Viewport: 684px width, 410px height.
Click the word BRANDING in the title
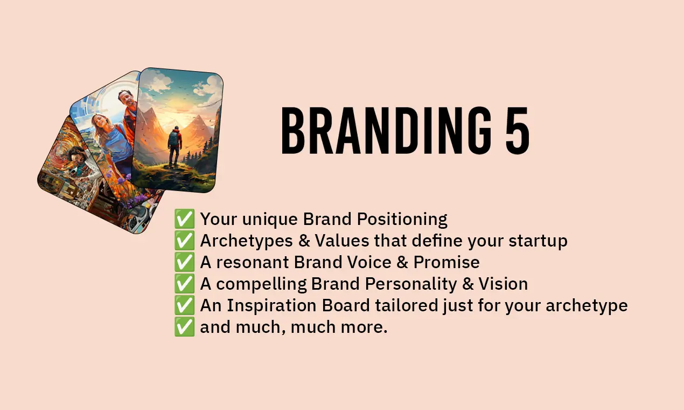click(x=387, y=131)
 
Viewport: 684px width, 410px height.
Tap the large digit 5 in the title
click(x=517, y=131)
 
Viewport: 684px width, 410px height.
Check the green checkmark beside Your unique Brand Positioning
click(x=184, y=219)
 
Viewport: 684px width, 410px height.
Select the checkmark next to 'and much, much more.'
click(x=184, y=327)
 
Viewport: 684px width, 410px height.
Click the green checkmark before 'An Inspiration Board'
click(x=184, y=305)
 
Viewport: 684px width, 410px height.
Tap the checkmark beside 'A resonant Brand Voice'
click(x=184, y=262)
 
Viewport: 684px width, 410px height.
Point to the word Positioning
click(x=402, y=220)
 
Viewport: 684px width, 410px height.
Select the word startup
click(x=538, y=241)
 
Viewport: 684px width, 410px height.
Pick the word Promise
click(x=446, y=262)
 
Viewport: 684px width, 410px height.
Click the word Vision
click(x=503, y=284)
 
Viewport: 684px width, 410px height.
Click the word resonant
click(x=253, y=263)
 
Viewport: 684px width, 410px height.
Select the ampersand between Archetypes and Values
click(x=304, y=241)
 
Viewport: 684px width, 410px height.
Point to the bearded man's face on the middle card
click(x=128, y=99)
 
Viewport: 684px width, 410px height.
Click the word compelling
click(x=261, y=284)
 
